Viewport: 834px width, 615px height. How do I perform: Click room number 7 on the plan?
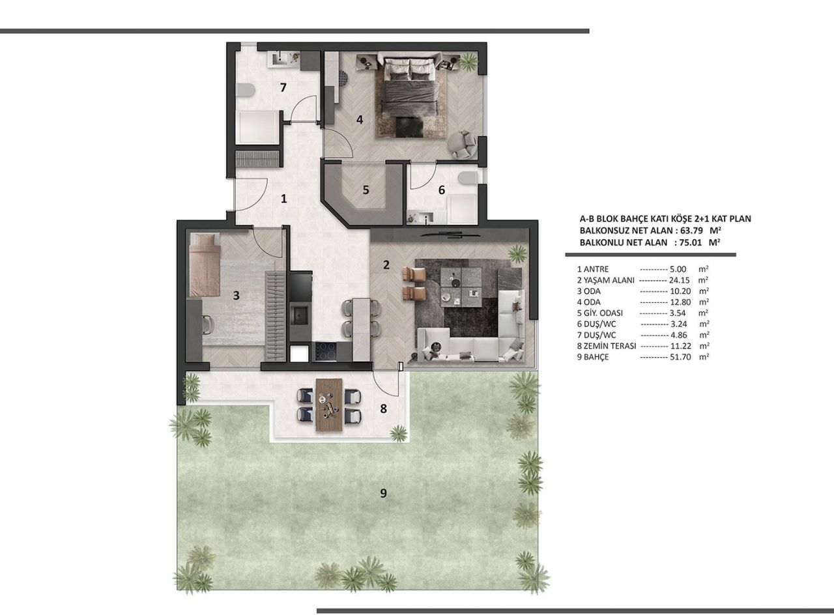click(283, 88)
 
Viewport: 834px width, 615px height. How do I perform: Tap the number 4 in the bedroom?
click(359, 119)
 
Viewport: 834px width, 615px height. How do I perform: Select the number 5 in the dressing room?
click(366, 190)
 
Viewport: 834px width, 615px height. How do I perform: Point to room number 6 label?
click(441, 190)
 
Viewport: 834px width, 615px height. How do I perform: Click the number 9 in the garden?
click(383, 493)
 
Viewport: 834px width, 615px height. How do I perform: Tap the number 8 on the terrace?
click(383, 408)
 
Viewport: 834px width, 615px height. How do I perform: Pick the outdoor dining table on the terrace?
click(328, 405)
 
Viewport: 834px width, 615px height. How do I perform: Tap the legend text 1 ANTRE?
click(594, 268)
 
